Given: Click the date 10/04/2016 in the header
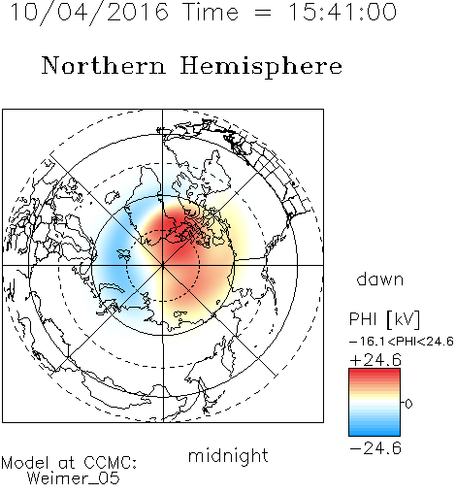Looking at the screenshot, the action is [89, 13].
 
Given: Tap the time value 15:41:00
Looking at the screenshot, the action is [342, 12].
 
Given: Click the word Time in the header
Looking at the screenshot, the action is [211, 12].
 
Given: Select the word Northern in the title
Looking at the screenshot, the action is [104, 66].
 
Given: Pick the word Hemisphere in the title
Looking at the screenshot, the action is [261, 67].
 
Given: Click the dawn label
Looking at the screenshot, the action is [380, 279].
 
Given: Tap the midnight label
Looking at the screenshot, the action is [228, 456].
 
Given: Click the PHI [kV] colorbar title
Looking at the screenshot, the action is [384, 319].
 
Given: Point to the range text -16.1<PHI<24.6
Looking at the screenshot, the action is [402, 342].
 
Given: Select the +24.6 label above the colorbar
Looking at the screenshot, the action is [375, 360].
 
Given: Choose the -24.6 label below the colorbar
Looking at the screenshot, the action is [375, 448].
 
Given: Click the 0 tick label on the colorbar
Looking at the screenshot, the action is [408, 404].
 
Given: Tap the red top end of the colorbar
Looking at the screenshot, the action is [375, 372].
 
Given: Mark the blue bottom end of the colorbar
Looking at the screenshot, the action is [375, 433].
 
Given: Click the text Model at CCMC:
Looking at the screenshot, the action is [69, 463].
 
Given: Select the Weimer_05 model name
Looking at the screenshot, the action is [74, 478].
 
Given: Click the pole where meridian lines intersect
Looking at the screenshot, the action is [163, 265].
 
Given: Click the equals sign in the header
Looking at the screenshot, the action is [263, 13].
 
